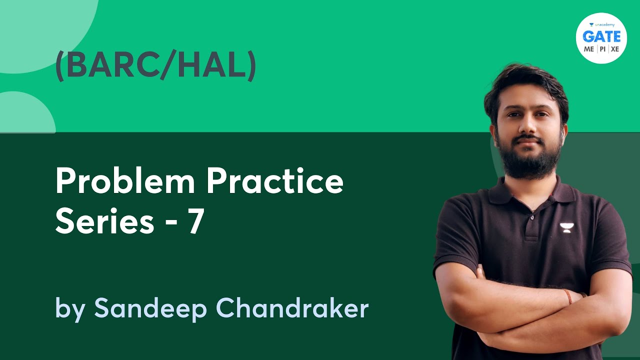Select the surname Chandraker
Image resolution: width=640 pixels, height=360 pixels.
coord(292,308)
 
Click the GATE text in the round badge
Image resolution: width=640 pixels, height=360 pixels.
coord(601,37)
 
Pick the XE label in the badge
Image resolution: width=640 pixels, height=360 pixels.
coord(614,49)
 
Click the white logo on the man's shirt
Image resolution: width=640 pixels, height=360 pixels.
coord(566,228)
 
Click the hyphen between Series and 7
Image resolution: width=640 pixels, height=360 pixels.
coord(171,222)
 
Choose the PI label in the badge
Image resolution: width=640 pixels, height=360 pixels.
coord(601,49)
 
